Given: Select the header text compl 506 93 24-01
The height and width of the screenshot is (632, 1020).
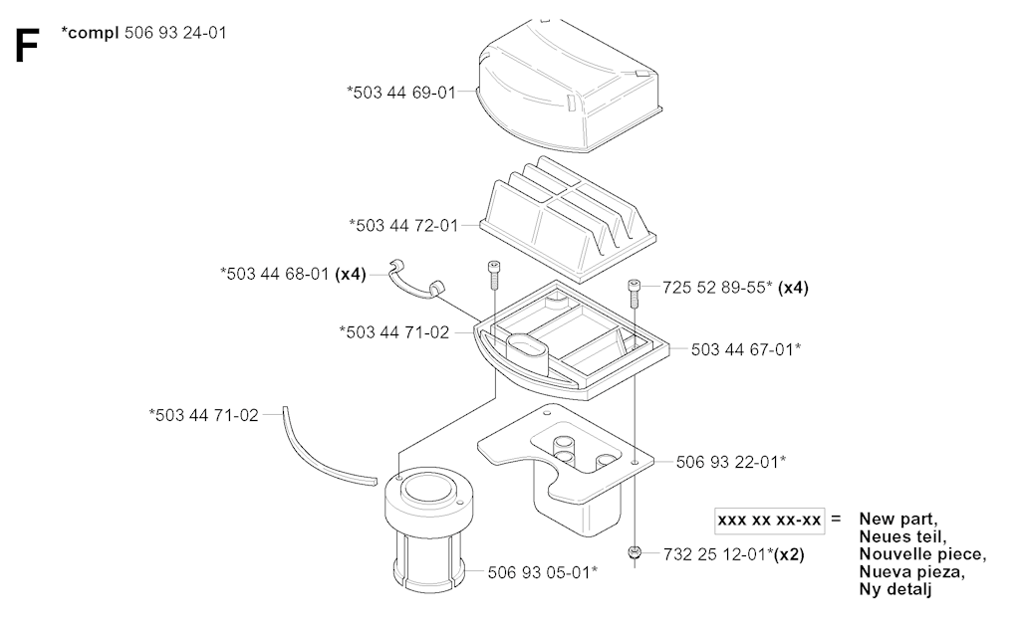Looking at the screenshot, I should click(143, 34).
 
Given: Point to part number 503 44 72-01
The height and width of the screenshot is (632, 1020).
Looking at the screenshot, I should click(402, 226).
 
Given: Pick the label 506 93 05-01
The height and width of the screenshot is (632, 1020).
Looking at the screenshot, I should click(542, 572).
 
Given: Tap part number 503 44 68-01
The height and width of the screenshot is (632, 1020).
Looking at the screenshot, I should click(275, 272).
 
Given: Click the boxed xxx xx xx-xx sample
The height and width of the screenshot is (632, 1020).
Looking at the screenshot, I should click(770, 520).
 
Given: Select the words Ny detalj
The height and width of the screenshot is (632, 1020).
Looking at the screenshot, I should click(896, 589).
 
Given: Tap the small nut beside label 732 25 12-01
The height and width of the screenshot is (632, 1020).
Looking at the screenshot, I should click(635, 552).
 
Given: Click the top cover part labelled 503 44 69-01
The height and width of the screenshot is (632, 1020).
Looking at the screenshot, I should click(568, 80).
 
